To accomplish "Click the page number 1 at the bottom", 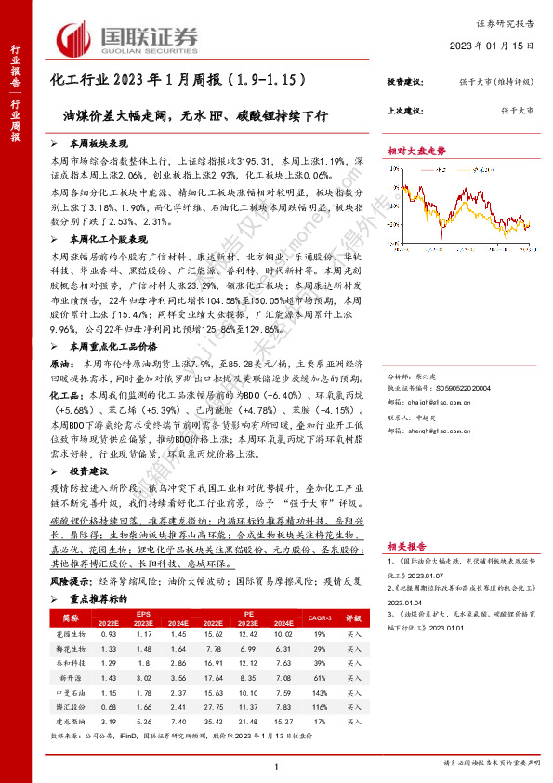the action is pos(276,764).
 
